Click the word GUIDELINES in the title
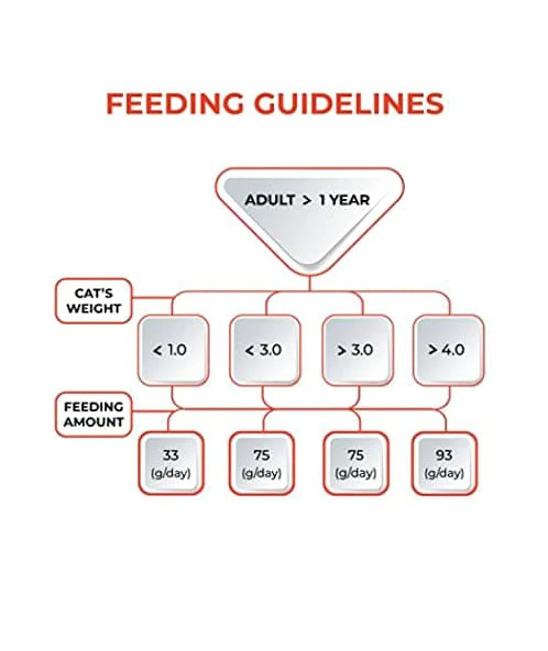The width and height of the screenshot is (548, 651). pyautogui.click(x=349, y=103)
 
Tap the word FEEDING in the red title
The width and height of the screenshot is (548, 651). pyautogui.click(x=175, y=103)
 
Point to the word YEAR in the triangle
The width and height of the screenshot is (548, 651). pyautogui.click(x=349, y=200)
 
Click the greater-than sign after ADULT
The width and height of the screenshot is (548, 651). pyautogui.click(x=306, y=201)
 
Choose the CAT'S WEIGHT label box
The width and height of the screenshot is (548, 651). pyautogui.click(x=94, y=301)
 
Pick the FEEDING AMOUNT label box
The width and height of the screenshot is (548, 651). pyautogui.click(x=94, y=415)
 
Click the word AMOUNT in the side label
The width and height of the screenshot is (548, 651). pyautogui.click(x=94, y=422)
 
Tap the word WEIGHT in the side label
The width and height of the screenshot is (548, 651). pyautogui.click(x=94, y=308)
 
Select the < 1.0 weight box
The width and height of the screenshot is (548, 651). pyautogui.click(x=173, y=350)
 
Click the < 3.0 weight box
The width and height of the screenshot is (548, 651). pyautogui.click(x=264, y=350)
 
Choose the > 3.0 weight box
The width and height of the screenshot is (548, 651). pyautogui.click(x=357, y=350)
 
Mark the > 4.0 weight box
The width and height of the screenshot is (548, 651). pyautogui.click(x=449, y=350)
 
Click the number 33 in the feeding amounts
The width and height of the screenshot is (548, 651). pyautogui.click(x=171, y=456)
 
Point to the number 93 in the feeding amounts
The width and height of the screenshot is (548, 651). pyautogui.click(x=444, y=456)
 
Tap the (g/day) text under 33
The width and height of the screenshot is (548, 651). pyautogui.click(x=171, y=473)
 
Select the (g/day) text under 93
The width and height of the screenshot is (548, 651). pyautogui.click(x=444, y=473)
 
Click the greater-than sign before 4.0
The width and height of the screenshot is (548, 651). pyautogui.click(x=433, y=350)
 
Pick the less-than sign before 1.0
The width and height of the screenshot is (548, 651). pyautogui.click(x=158, y=351)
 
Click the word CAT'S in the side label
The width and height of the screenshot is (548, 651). pyautogui.click(x=94, y=293)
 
